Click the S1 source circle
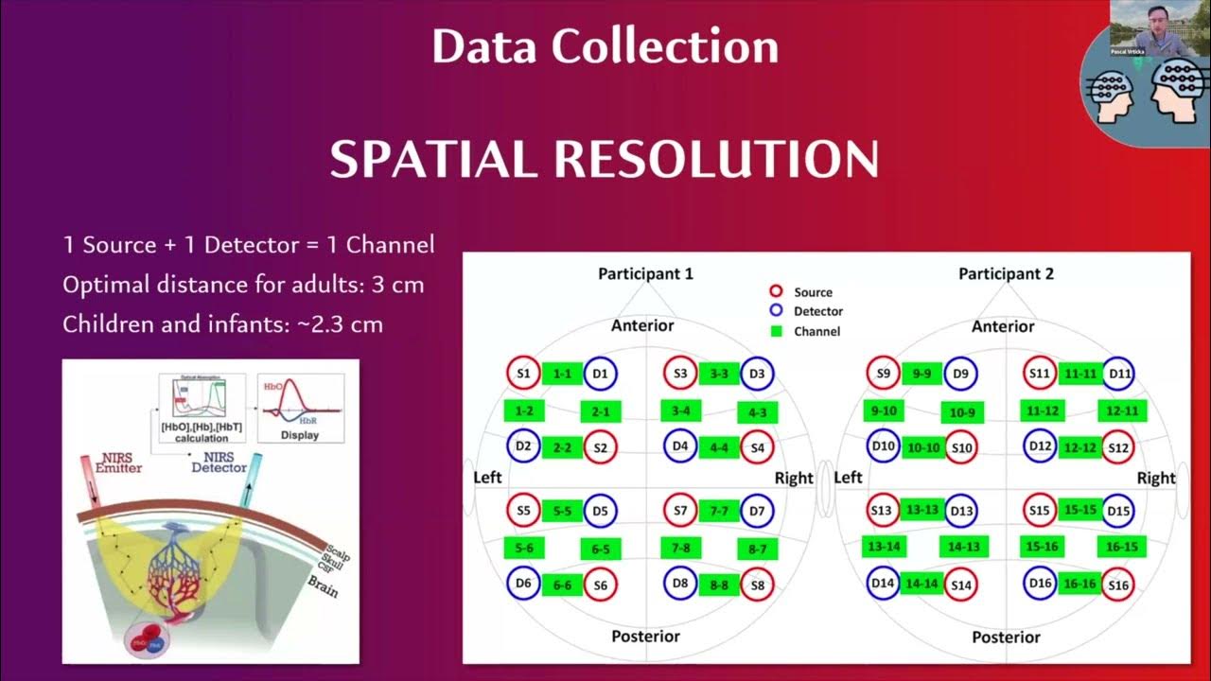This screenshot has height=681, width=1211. pos(523,374)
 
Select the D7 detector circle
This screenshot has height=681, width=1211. pos(756,512)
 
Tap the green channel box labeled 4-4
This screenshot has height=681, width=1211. pos(718,447)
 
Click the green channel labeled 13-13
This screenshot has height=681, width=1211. pos(921,510)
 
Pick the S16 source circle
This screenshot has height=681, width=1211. pos(1118,585)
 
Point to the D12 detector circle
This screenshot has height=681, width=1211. pos(1041,446)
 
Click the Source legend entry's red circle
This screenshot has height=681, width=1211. pos(776,292)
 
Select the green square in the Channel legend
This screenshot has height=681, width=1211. pos(776,331)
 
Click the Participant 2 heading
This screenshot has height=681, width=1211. pos(1006,273)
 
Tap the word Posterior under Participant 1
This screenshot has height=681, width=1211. pos(645,636)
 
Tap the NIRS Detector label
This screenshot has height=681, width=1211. pos(219,462)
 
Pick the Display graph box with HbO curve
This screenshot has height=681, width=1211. pos(300,409)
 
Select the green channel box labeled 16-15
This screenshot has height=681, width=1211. pos(1121,547)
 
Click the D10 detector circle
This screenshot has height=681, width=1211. pos(884,446)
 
